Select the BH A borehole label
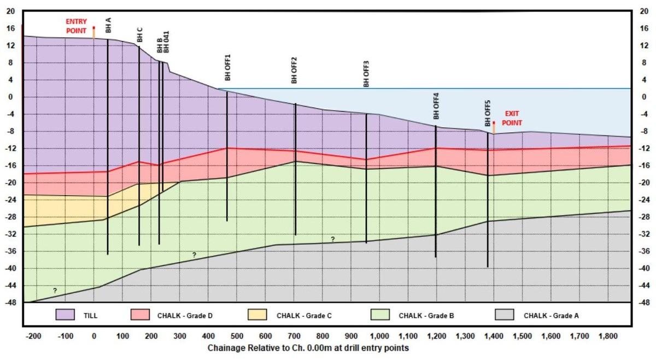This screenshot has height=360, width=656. click(x=108, y=26)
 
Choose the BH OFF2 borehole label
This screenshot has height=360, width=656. click(x=294, y=70)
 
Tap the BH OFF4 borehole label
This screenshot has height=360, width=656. click(x=436, y=106)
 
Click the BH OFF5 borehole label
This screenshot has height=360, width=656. click(x=488, y=113)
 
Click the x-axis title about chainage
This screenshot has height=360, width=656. click(x=308, y=348)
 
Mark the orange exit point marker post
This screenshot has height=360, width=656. click(x=494, y=129)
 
